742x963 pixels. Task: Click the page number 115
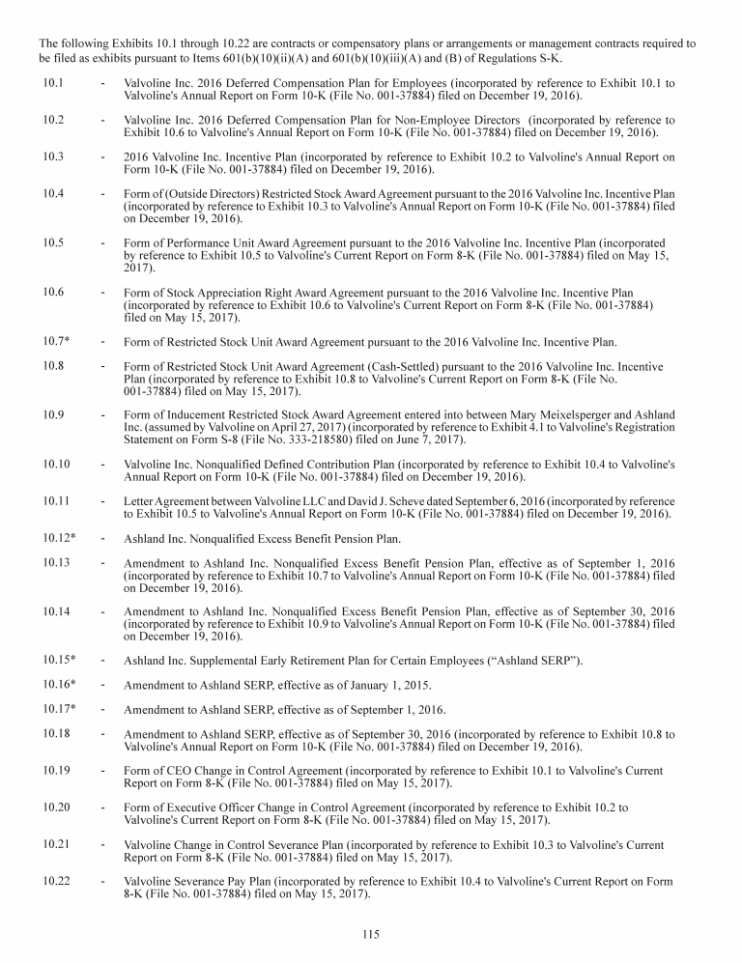(x=371, y=933)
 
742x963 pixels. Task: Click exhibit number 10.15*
(x=59, y=659)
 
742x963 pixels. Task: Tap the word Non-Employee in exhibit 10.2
(x=424, y=120)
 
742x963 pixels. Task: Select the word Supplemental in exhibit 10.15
(x=217, y=660)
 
